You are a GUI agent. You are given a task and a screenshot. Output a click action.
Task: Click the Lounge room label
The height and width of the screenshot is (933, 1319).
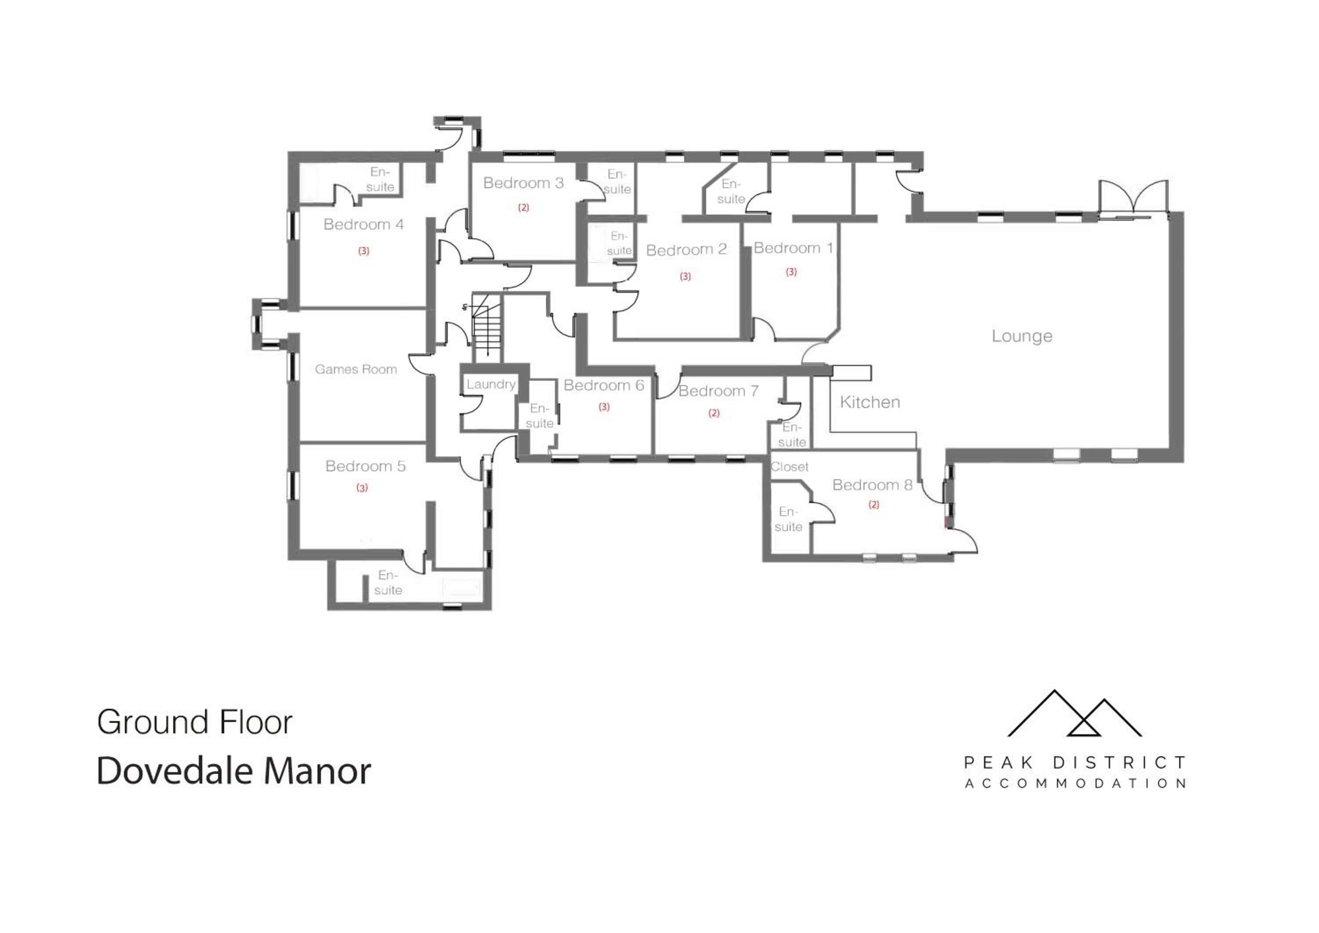tap(1022, 336)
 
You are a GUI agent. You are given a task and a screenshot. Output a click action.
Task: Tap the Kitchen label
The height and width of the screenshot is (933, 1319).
tap(870, 402)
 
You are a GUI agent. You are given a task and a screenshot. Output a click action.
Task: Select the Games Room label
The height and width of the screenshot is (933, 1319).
tap(356, 369)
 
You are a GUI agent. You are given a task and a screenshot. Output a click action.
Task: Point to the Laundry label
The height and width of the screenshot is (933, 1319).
tap(491, 384)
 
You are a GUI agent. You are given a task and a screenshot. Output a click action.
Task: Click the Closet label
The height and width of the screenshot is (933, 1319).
tap(789, 467)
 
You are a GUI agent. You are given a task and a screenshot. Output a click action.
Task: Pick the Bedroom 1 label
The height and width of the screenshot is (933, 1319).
tap(793, 248)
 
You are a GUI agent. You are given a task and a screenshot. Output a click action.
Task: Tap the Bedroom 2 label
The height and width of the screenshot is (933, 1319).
tap(686, 250)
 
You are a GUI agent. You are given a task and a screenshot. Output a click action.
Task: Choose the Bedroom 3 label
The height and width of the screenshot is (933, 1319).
tap(523, 183)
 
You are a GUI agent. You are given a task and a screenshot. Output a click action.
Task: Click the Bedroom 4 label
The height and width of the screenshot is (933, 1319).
tap(364, 225)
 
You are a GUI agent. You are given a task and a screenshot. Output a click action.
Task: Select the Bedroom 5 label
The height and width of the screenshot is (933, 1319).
tap(365, 466)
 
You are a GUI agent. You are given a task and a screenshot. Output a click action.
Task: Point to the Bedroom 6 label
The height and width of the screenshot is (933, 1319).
tap(604, 386)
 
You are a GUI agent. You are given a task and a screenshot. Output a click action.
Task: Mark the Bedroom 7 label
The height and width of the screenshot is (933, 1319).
tap(719, 391)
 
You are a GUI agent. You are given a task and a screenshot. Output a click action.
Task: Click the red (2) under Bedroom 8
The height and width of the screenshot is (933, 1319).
tap(874, 505)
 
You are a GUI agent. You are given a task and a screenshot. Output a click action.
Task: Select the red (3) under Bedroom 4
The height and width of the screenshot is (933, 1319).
tap(364, 251)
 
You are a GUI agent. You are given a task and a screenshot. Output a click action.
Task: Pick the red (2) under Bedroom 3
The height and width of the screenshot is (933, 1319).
tap(523, 208)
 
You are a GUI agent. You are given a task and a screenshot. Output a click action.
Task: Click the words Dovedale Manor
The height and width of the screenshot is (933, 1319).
tap(234, 771)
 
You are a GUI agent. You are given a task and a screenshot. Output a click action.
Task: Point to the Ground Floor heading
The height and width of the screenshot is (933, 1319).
tap(195, 722)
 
